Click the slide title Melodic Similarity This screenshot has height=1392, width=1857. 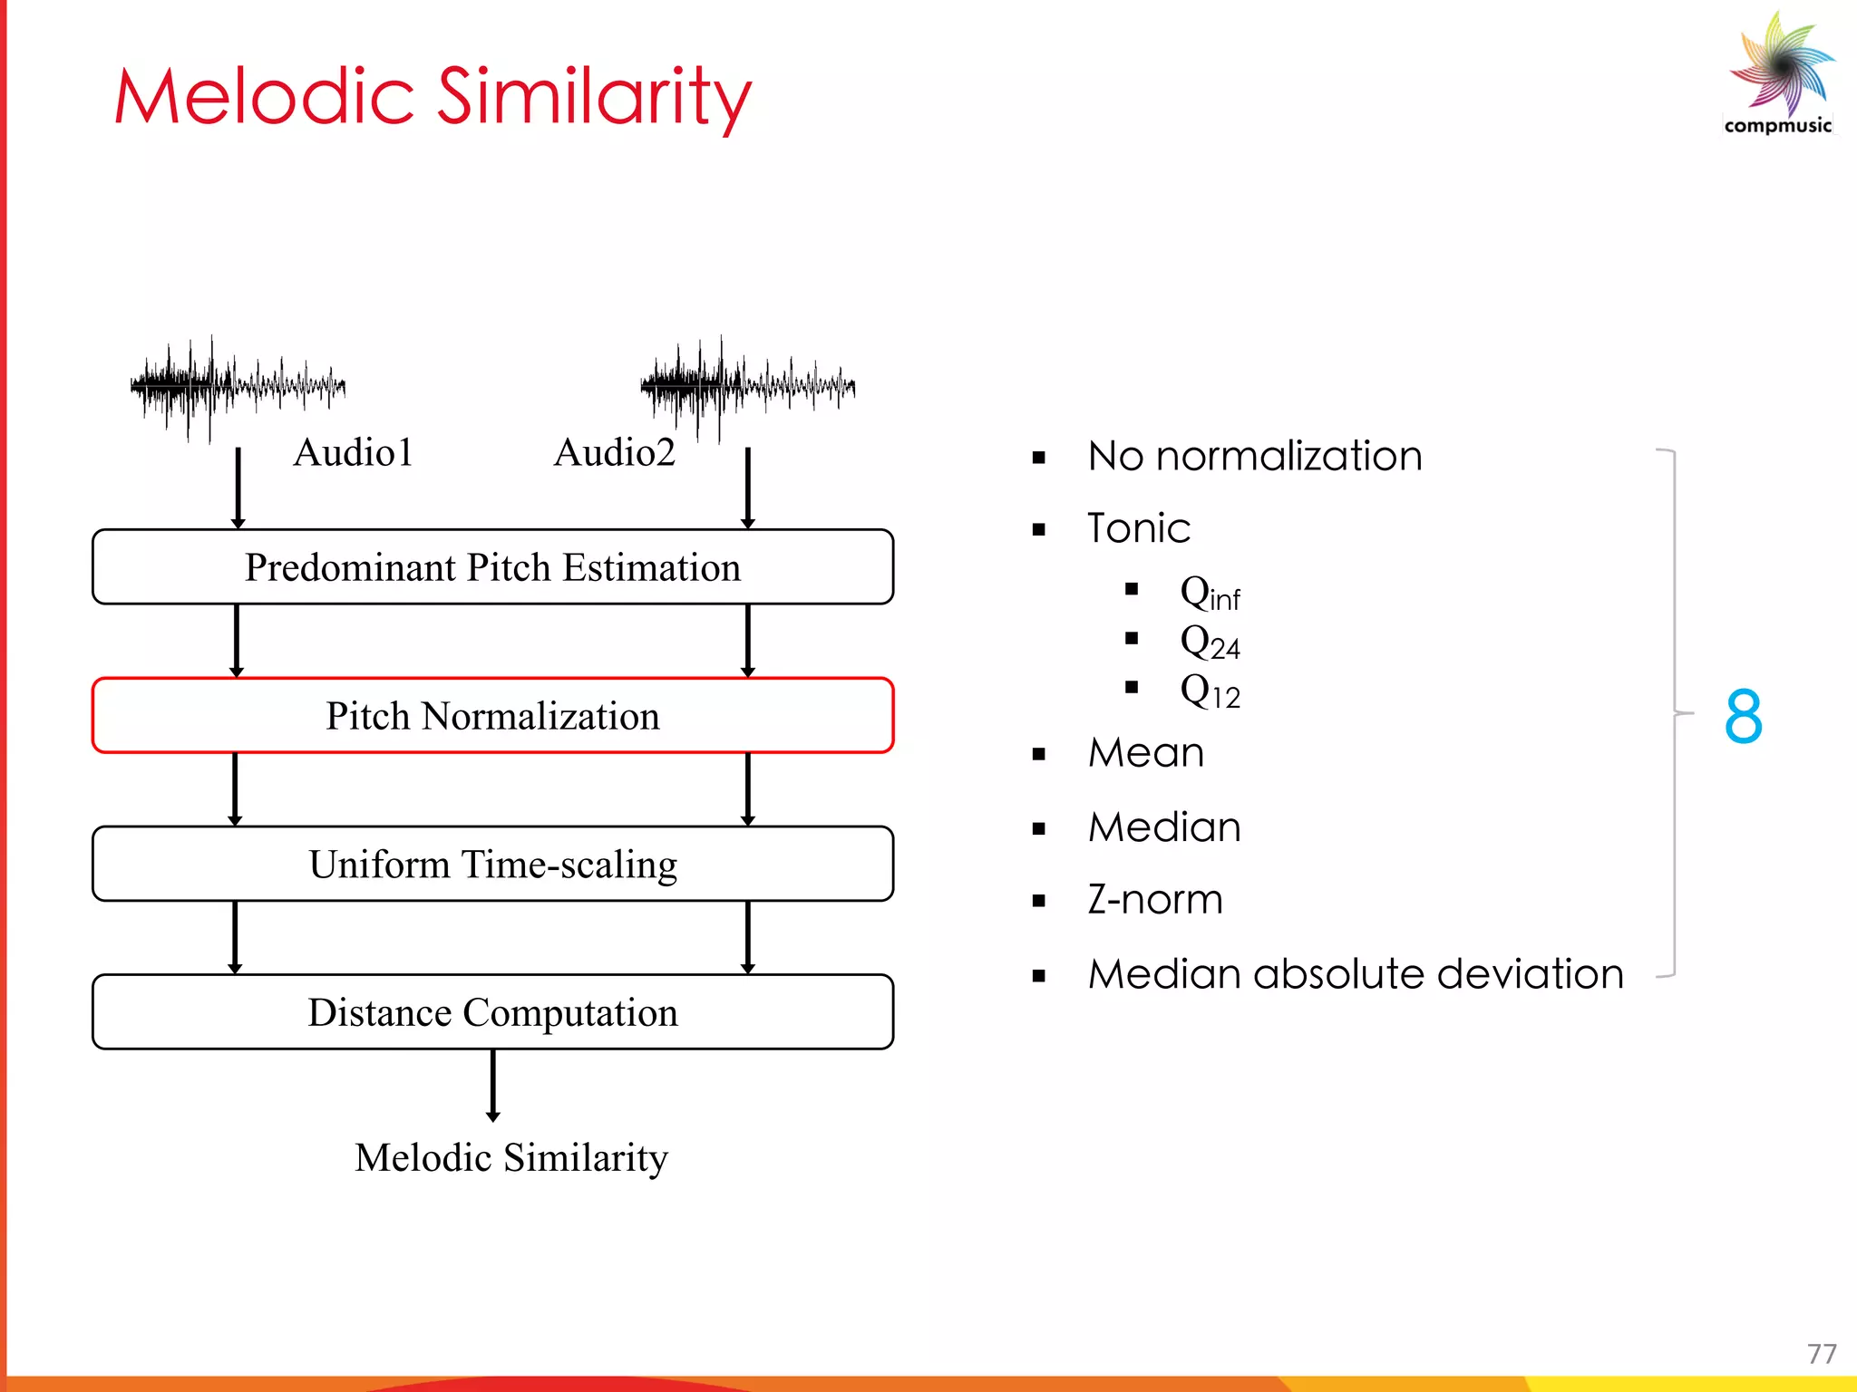click(433, 97)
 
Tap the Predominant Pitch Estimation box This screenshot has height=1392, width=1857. click(492, 567)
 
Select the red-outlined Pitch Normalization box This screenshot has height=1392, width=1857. click(492, 716)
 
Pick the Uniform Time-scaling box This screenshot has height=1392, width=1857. click(492, 864)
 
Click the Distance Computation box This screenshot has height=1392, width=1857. click(492, 1012)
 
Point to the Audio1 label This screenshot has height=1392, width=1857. click(353, 452)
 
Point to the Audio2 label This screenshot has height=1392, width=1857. click(614, 452)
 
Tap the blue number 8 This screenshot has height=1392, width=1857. click(1743, 716)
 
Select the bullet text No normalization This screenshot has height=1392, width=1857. click(1254, 456)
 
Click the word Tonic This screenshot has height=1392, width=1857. click(1138, 528)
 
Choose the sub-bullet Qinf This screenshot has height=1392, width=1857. click(1210, 594)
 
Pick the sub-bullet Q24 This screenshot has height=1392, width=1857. click(1210, 643)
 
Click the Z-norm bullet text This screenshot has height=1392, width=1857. click(1155, 900)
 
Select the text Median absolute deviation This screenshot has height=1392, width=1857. click(1356, 974)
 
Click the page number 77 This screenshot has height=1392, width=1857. click(1821, 1354)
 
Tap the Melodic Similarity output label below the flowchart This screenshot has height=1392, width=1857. click(510, 1157)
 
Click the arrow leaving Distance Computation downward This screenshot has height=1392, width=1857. click(492, 1086)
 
